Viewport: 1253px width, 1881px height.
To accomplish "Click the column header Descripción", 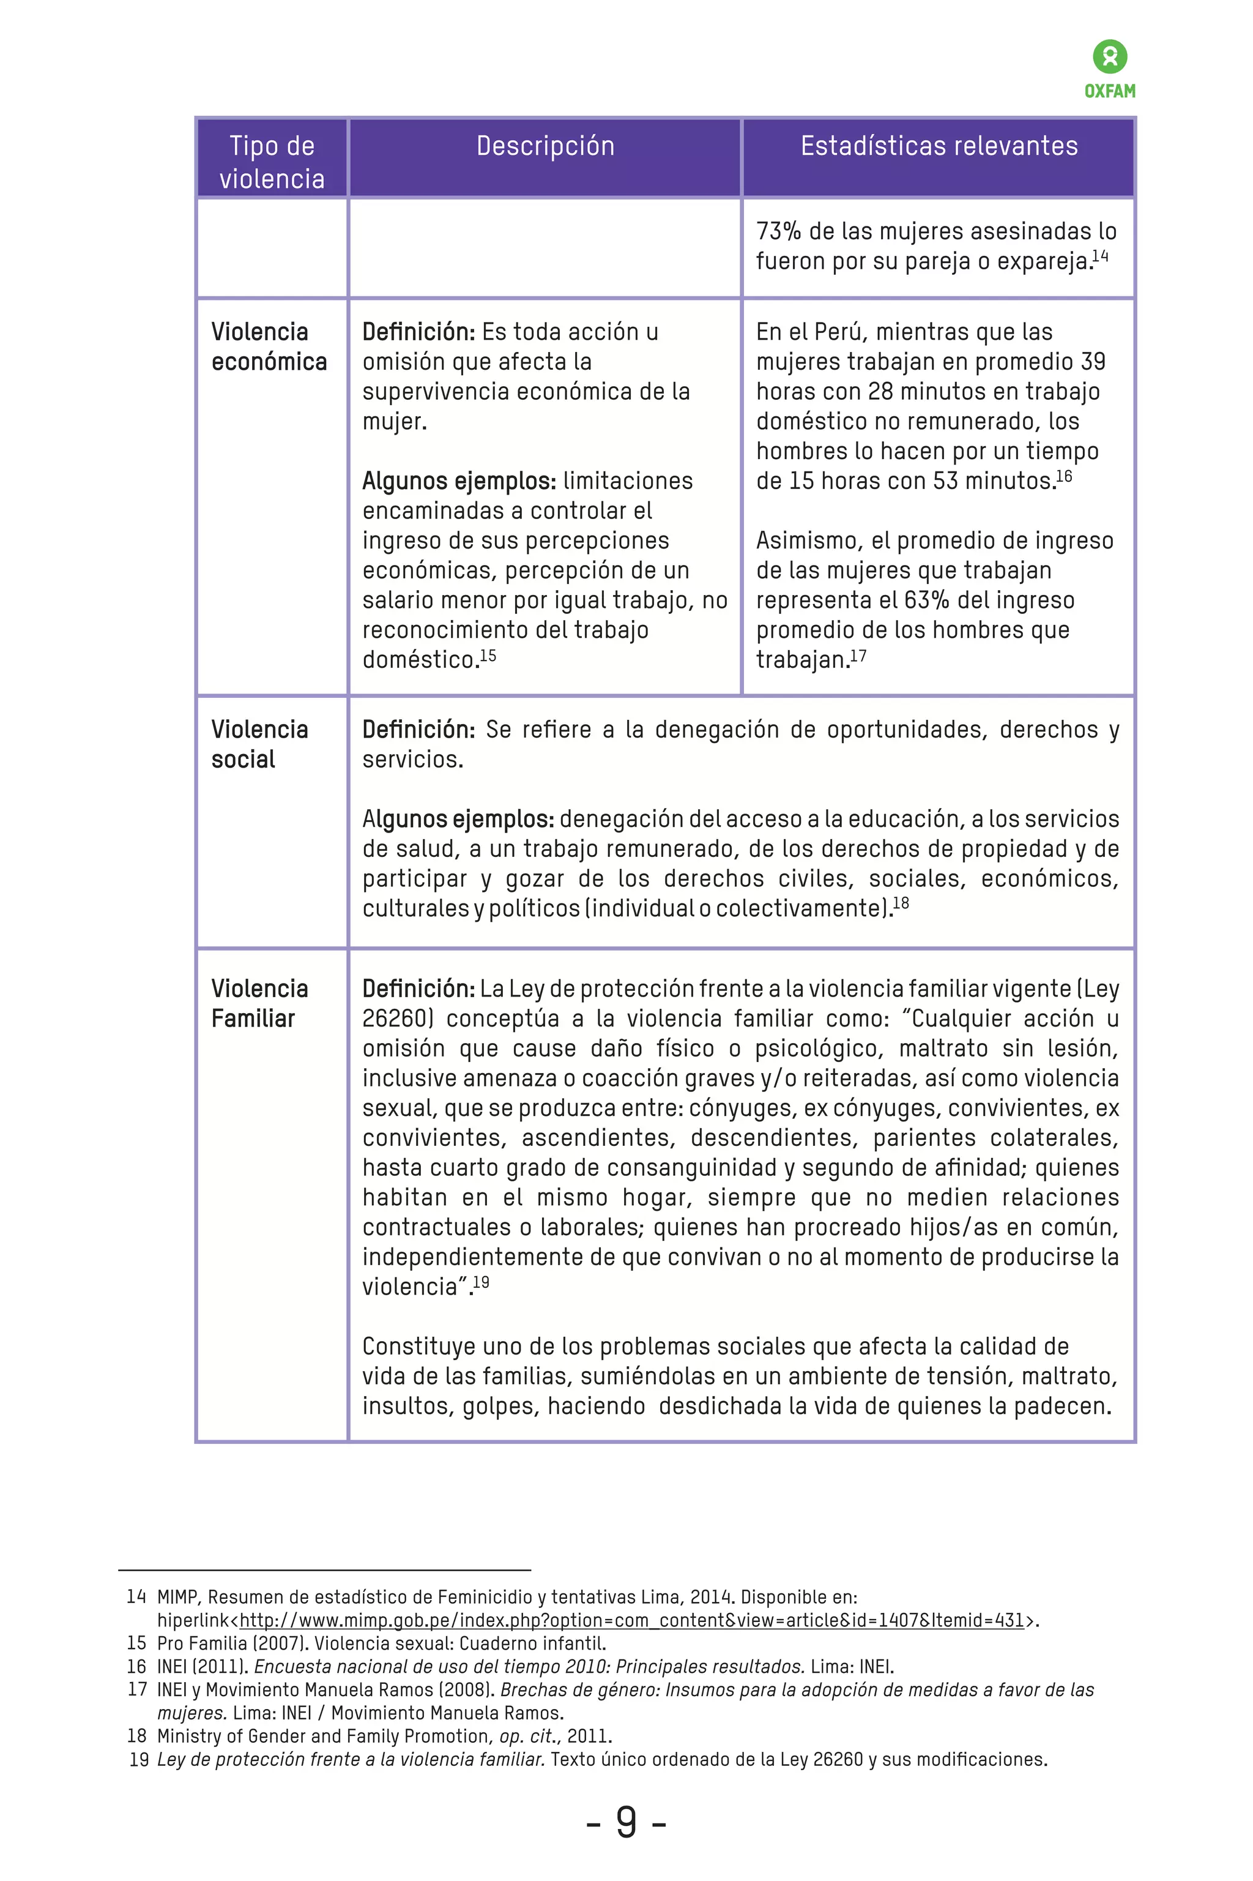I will click(545, 146).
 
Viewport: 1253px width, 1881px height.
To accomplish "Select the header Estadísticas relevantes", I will click(939, 146).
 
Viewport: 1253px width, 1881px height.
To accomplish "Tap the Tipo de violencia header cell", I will click(272, 162).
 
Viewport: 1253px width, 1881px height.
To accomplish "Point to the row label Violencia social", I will click(259, 744).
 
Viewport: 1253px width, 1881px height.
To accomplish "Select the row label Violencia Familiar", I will click(259, 1003).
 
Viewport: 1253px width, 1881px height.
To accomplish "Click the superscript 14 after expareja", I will click(1101, 256).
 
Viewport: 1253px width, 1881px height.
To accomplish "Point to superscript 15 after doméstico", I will click(488, 656).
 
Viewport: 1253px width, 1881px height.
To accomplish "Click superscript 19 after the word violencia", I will click(481, 1283).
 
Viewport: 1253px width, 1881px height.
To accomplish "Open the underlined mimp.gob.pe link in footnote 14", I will click(631, 1620).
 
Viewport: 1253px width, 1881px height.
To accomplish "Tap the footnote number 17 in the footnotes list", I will click(138, 1689).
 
